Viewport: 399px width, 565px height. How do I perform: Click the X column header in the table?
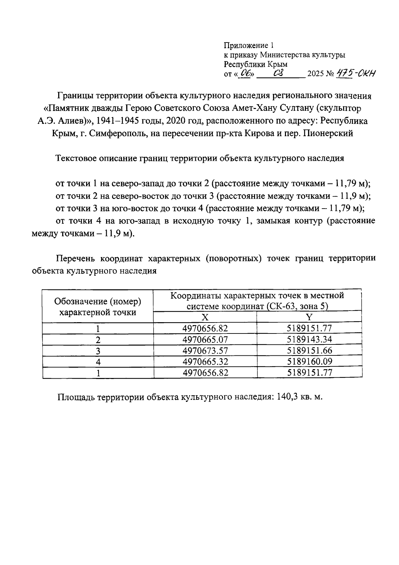[x=205, y=317]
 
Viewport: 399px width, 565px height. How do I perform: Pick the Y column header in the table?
[x=309, y=317]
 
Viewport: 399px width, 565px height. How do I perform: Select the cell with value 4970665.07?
[x=205, y=339]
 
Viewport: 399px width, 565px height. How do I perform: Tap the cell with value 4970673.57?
[x=205, y=350]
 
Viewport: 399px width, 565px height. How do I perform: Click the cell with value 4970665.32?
[x=205, y=361]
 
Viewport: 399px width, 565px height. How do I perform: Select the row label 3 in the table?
[x=98, y=351]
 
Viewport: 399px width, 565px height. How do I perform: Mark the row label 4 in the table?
[x=98, y=362]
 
